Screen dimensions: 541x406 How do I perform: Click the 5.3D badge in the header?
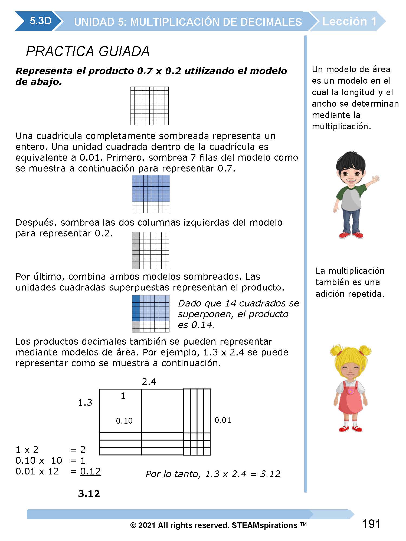click(x=40, y=21)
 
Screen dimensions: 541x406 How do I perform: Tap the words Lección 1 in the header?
click(x=349, y=21)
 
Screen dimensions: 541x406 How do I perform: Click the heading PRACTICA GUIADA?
click(x=88, y=51)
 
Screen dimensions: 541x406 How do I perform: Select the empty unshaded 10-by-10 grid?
click(x=149, y=106)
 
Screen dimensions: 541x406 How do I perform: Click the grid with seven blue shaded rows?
click(x=151, y=194)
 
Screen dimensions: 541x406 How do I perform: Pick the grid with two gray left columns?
click(x=150, y=250)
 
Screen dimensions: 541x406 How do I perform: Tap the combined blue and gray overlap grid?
click(x=150, y=314)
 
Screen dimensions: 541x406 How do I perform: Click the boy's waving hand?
click(x=375, y=180)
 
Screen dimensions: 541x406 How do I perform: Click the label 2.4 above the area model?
click(x=149, y=382)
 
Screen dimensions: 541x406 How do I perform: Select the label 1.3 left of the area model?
click(x=85, y=403)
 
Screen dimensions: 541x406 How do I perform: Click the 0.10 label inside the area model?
click(x=124, y=421)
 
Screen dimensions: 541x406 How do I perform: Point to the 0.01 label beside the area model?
click(x=222, y=420)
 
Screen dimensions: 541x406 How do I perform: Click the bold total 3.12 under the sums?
click(x=89, y=494)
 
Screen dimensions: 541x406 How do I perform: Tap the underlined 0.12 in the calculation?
click(x=90, y=471)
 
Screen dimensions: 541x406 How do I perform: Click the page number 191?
click(x=371, y=524)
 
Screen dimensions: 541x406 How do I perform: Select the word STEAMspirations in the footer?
click(x=264, y=525)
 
